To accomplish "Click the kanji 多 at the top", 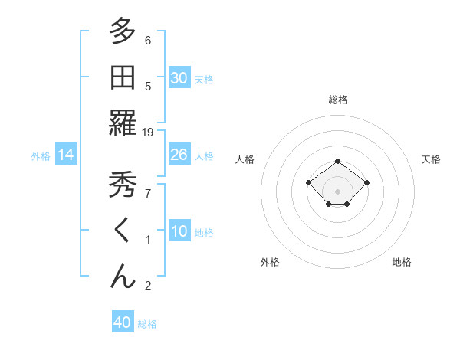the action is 122,31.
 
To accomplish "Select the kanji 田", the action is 122,77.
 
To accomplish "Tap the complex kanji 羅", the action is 122,124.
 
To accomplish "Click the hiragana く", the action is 122,231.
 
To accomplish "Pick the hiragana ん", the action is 122,277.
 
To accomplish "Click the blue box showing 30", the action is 179,77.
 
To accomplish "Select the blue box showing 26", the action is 179,155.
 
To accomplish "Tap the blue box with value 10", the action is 179,231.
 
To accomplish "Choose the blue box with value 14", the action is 66,155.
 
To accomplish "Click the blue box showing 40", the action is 123,322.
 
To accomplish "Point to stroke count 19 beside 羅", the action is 148,133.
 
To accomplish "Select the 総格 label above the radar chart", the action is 338,100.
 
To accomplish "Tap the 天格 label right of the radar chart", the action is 431,159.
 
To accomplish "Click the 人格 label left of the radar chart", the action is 245,159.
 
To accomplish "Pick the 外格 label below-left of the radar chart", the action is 270,262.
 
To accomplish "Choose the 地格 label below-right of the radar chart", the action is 402,262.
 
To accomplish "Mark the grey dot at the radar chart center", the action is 338,191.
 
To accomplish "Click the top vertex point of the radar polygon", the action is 338,161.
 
